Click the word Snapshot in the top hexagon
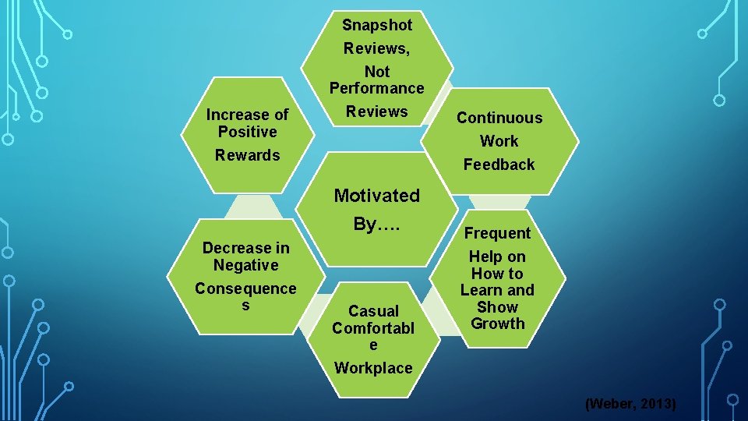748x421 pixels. pos(377,25)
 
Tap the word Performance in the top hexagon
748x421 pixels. pos(376,88)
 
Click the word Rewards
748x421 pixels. pos(247,155)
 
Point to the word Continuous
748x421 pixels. pos(499,118)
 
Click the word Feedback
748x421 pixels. pos(499,165)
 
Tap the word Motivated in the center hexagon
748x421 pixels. pos(376,196)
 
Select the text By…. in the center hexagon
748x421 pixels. pos(376,225)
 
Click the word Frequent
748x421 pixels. pos(497,233)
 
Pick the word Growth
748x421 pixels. pos(498,324)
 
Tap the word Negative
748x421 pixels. pos(245,265)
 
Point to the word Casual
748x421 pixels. pos(373,311)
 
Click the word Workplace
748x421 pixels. pos(373,368)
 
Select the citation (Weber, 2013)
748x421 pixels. pos(630,404)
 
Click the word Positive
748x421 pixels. pos(247,132)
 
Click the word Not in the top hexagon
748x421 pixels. pos(377,72)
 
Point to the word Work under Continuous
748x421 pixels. pos(499,141)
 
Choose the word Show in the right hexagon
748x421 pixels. pos(497,307)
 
